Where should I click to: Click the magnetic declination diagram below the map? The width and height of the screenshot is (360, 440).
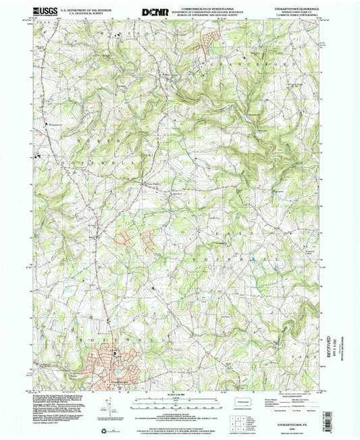pyautogui.click(x=107, y=405)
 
